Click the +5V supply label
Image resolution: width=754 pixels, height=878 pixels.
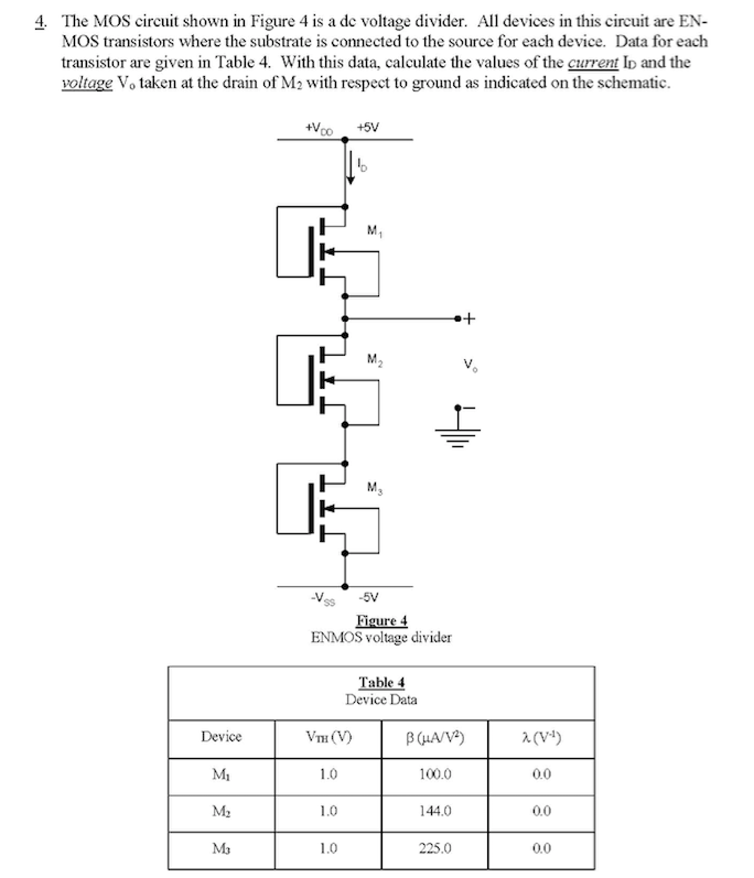tap(368, 127)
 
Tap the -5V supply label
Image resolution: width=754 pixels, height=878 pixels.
tap(368, 597)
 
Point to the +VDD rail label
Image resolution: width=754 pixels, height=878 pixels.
tap(319, 128)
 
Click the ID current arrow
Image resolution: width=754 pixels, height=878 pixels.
tap(350, 168)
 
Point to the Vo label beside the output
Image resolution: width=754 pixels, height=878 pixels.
tap(470, 365)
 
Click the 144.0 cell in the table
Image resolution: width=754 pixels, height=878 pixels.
tap(435, 811)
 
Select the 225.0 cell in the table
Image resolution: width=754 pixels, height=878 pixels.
tap(435, 848)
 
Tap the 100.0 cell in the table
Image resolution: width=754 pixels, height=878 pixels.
tap(435, 774)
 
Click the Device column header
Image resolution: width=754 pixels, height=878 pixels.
tap(221, 736)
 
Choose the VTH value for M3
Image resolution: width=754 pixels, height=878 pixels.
tap(328, 848)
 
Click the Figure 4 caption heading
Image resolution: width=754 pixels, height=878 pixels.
tap(382, 621)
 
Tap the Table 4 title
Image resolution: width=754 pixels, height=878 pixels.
tap(382, 682)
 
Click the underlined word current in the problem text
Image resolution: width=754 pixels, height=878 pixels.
tap(593, 63)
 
